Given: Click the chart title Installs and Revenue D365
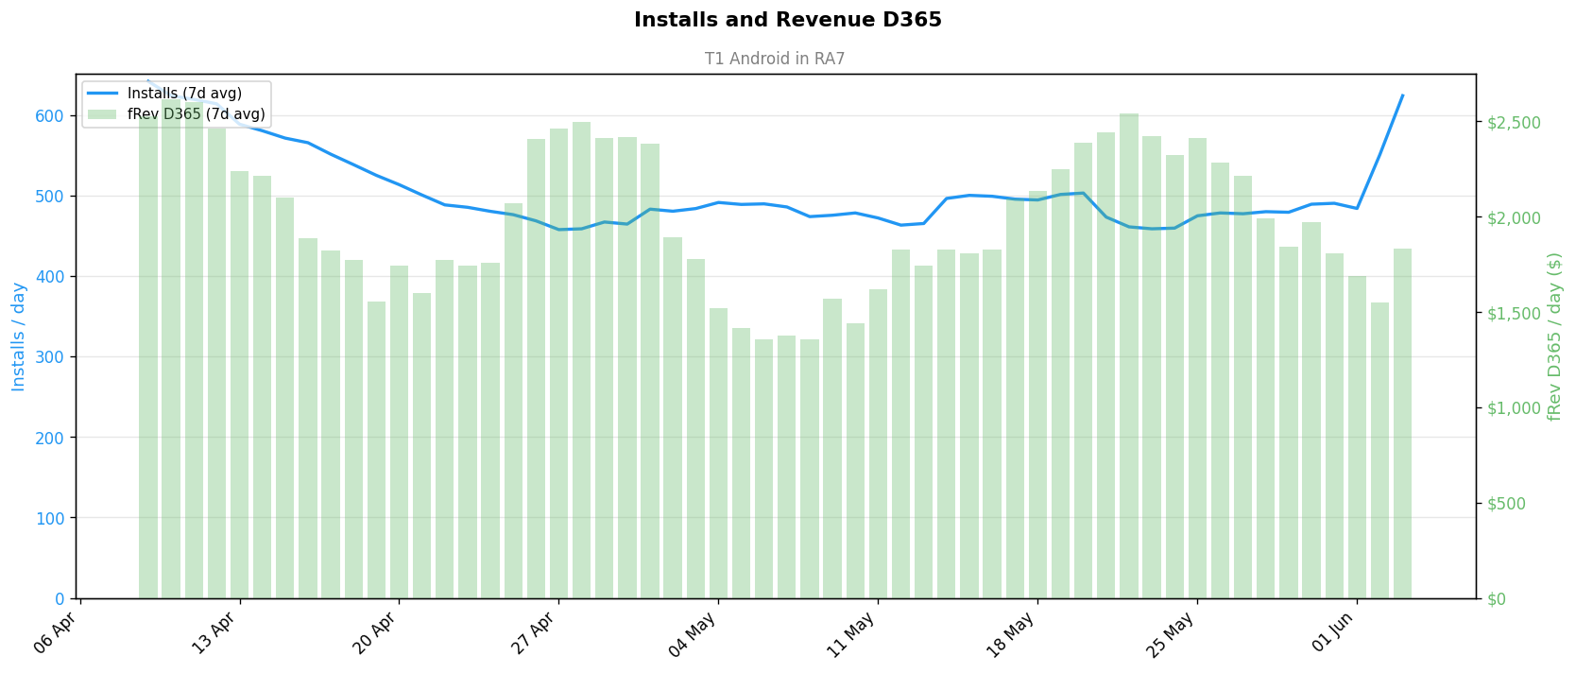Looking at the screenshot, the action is click(x=787, y=20).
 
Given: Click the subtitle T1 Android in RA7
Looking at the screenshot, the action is click(x=775, y=59).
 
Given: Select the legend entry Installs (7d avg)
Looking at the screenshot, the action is click(x=184, y=93).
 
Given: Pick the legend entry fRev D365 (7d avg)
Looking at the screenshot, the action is click(x=196, y=114).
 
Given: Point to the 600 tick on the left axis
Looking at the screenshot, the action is click(x=49, y=115).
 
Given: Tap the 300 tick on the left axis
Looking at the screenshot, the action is click(x=49, y=357).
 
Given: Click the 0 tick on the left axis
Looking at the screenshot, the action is click(x=60, y=599).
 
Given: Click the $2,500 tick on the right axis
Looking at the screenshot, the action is click(x=1514, y=123).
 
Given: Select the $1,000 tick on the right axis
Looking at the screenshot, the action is click(x=1514, y=408).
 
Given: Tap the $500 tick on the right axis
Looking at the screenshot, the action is click(x=1506, y=504).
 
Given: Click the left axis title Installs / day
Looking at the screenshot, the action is click(x=18, y=336).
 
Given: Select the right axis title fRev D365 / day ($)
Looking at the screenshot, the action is click(x=1554, y=336).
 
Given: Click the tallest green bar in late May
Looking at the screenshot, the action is click(x=1129, y=356).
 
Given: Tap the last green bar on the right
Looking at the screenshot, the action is click(x=1403, y=423).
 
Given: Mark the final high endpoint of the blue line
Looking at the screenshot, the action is click(x=1403, y=95).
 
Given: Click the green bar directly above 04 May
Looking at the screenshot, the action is click(x=718, y=454).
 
